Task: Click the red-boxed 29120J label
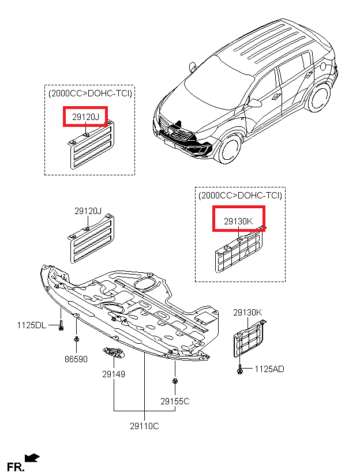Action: coord(85,117)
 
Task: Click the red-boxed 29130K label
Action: coord(238,221)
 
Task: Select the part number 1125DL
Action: coord(31,325)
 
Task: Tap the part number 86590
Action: coord(76,359)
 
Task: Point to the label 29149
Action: coord(114,374)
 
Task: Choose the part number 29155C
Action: coord(175,401)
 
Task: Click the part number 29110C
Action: coord(144,426)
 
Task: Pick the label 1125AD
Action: coord(269,369)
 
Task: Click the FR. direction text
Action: coord(16,466)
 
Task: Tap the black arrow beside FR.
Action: coord(33,457)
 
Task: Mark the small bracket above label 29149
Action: coord(112,352)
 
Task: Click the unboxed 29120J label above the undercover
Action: coord(88,211)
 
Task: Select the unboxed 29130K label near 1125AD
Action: coord(247,313)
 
